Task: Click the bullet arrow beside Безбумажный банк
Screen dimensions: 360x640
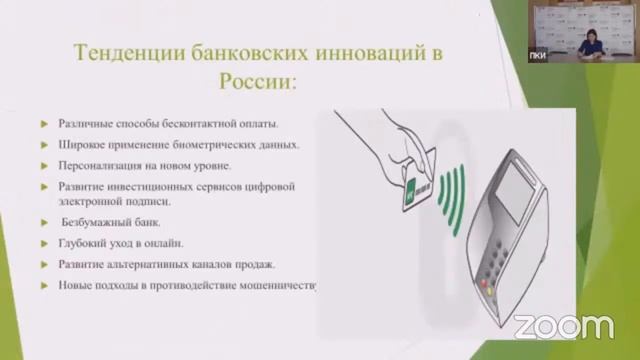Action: coord(45,223)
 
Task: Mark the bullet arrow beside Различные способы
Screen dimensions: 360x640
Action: coord(45,125)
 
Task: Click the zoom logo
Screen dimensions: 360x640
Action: coord(563,325)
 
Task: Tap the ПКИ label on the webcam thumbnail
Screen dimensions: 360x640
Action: coord(537,56)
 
